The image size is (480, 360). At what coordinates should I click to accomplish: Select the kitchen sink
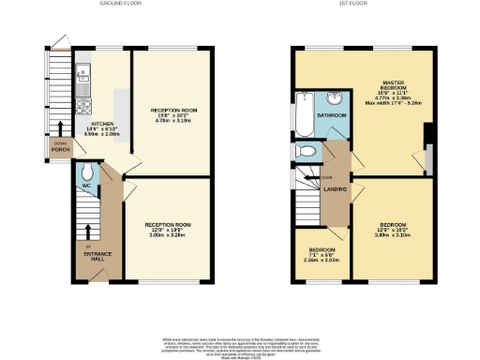[82, 69]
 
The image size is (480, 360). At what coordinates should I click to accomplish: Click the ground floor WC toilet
[86, 172]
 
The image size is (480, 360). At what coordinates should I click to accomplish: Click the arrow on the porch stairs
[60, 127]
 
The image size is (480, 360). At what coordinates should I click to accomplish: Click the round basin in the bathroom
[335, 99]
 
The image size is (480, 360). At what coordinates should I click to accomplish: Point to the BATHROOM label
[331, 115]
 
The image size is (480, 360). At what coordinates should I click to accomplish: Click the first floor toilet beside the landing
[302, 150]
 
